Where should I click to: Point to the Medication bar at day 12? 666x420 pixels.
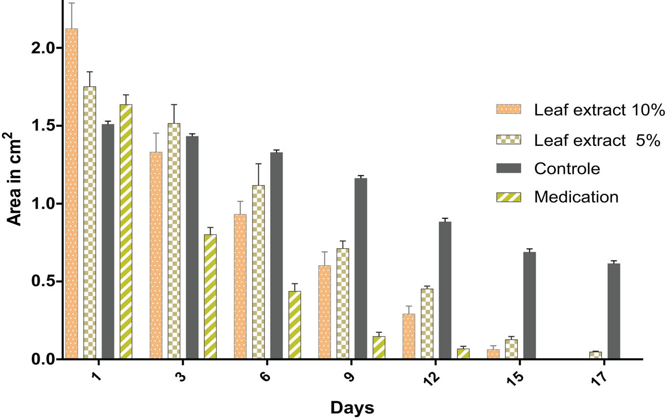[x=463, y=354]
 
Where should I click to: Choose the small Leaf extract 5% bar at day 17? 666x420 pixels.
[x=595, y=355]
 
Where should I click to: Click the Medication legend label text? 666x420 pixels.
[x=576, y=197]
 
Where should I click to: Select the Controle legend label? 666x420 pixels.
[x=567, y=168]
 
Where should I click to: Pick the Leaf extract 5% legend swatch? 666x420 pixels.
[x=509, y=140]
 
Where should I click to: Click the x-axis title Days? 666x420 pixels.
[x=352, y=407]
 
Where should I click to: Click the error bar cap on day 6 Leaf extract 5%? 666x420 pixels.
[x=258, y=164]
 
